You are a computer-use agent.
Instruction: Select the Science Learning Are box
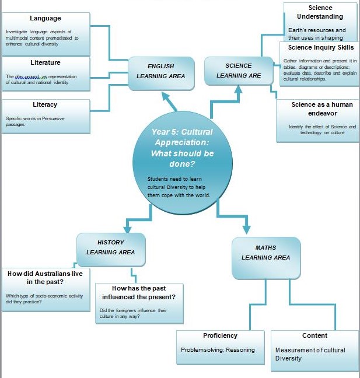point(238,71)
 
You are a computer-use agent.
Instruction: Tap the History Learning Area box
point(111,247)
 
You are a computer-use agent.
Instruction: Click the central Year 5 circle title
point(182,144)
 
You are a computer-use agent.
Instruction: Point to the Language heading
point(45,19)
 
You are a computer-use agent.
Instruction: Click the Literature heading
point(45,62)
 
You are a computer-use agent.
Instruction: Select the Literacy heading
point(45,105)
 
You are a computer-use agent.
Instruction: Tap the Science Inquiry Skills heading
point(321,47)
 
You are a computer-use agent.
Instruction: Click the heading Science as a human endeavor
point(322,108)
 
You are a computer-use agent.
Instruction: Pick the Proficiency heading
point(220,335)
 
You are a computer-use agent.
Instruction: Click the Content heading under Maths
point(314,335)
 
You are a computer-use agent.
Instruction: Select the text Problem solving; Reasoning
point(218,350)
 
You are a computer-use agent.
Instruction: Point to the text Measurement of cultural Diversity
point(310,354)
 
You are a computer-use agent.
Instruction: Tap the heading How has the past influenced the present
point(139,293)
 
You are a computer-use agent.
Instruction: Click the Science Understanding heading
point(320,12)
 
